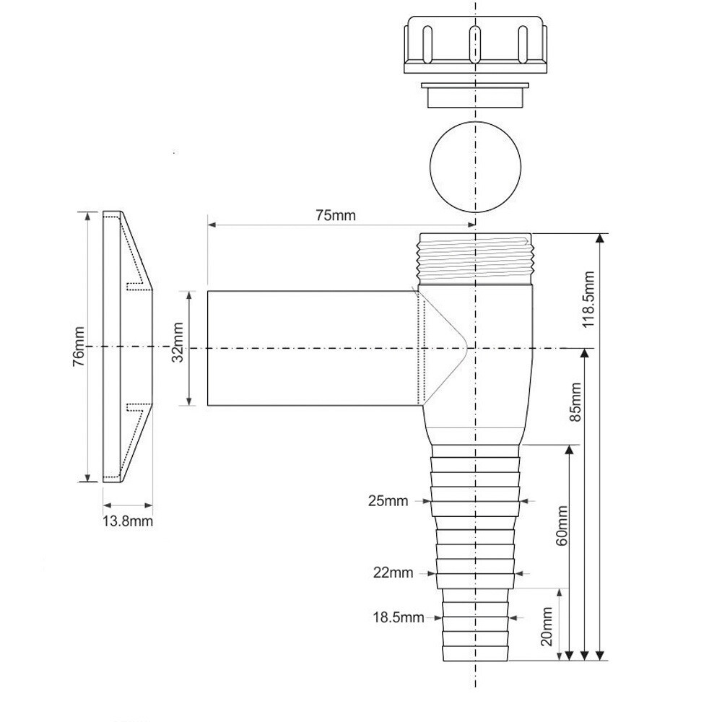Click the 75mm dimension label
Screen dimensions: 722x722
click(x=335, y=215)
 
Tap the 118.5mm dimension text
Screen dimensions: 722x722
click(x=589, y=300)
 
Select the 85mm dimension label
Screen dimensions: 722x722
click(x=575, y=402)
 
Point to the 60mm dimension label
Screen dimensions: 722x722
click(x=562, y=526)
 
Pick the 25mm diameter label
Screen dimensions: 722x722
click(x=388, y=500)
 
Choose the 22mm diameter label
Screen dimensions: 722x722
click(x=393, y=573)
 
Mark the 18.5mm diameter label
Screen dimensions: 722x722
click(x=399, y=617)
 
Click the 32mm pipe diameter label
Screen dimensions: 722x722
click(x=178, y=342)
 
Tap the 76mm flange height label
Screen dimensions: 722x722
click(x=79, y=347)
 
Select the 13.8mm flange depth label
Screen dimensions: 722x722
click(x=128, y=521)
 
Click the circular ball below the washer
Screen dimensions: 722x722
click(x=475, y=167)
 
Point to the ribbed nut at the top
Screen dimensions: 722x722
click(x=476, y=45)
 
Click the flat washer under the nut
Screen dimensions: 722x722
click(x=475, y=95)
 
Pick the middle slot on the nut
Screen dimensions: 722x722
click(x=475, y=44)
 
